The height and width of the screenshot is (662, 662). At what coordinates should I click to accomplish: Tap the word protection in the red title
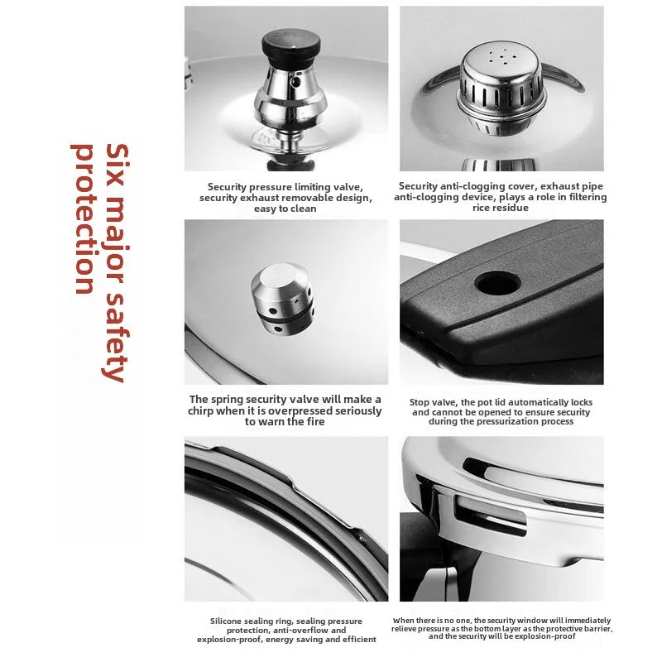tap(84, 219)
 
